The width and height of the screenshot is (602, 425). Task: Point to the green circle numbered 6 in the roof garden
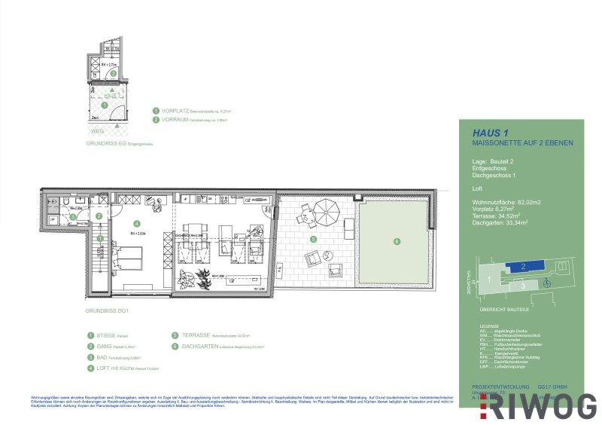pyautogui.click(x=397, y=241)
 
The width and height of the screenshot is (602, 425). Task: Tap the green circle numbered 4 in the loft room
pyautogui.click(x=135, y=223)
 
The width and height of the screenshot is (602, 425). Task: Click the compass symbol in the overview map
pyautogui.click(x=547, y=282)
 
